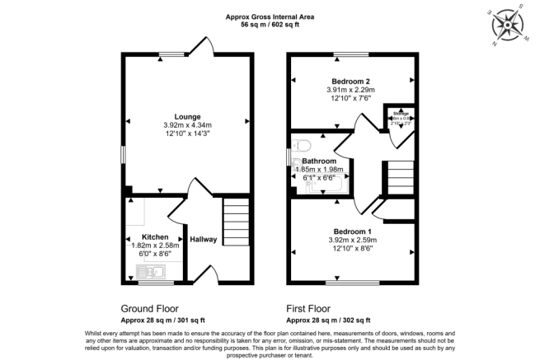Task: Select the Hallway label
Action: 204,240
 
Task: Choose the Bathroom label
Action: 319,161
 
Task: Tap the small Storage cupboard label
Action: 400,113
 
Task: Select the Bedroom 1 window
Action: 352,283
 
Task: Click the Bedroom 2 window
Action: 346,56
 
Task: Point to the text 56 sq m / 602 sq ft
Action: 271,25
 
